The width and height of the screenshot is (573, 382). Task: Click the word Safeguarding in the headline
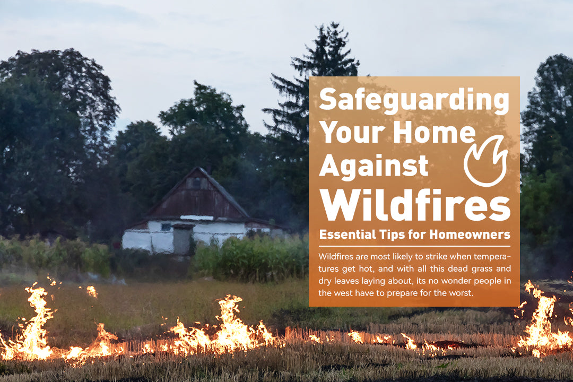coord(414,99)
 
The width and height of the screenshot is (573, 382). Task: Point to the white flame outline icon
coord(485,160)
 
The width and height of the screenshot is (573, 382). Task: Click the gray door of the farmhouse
coord(182,241)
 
